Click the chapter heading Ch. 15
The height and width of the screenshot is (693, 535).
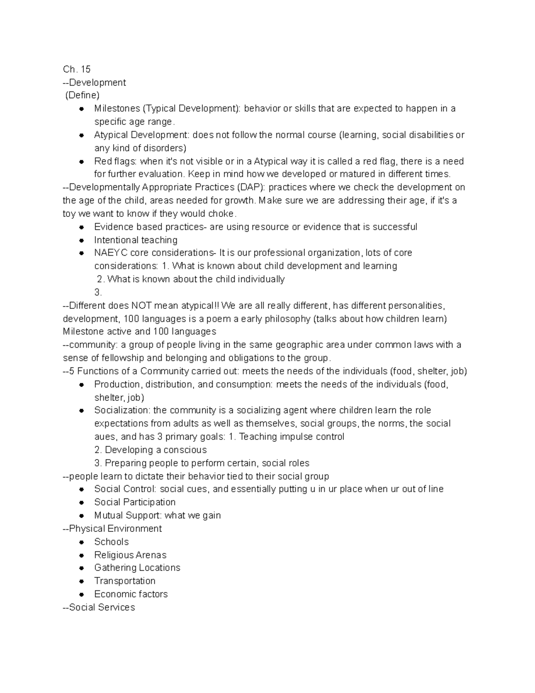tap(77, 69)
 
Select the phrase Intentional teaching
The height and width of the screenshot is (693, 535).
tap(136, 240)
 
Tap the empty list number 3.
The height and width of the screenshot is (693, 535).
tap(98, 293)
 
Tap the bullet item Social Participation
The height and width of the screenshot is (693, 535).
tap(135, 502)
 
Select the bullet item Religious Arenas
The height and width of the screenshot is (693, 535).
tap(130, 555)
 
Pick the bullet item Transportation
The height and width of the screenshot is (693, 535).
tap(125, 581)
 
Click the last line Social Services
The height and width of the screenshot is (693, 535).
tap(102, 607)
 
